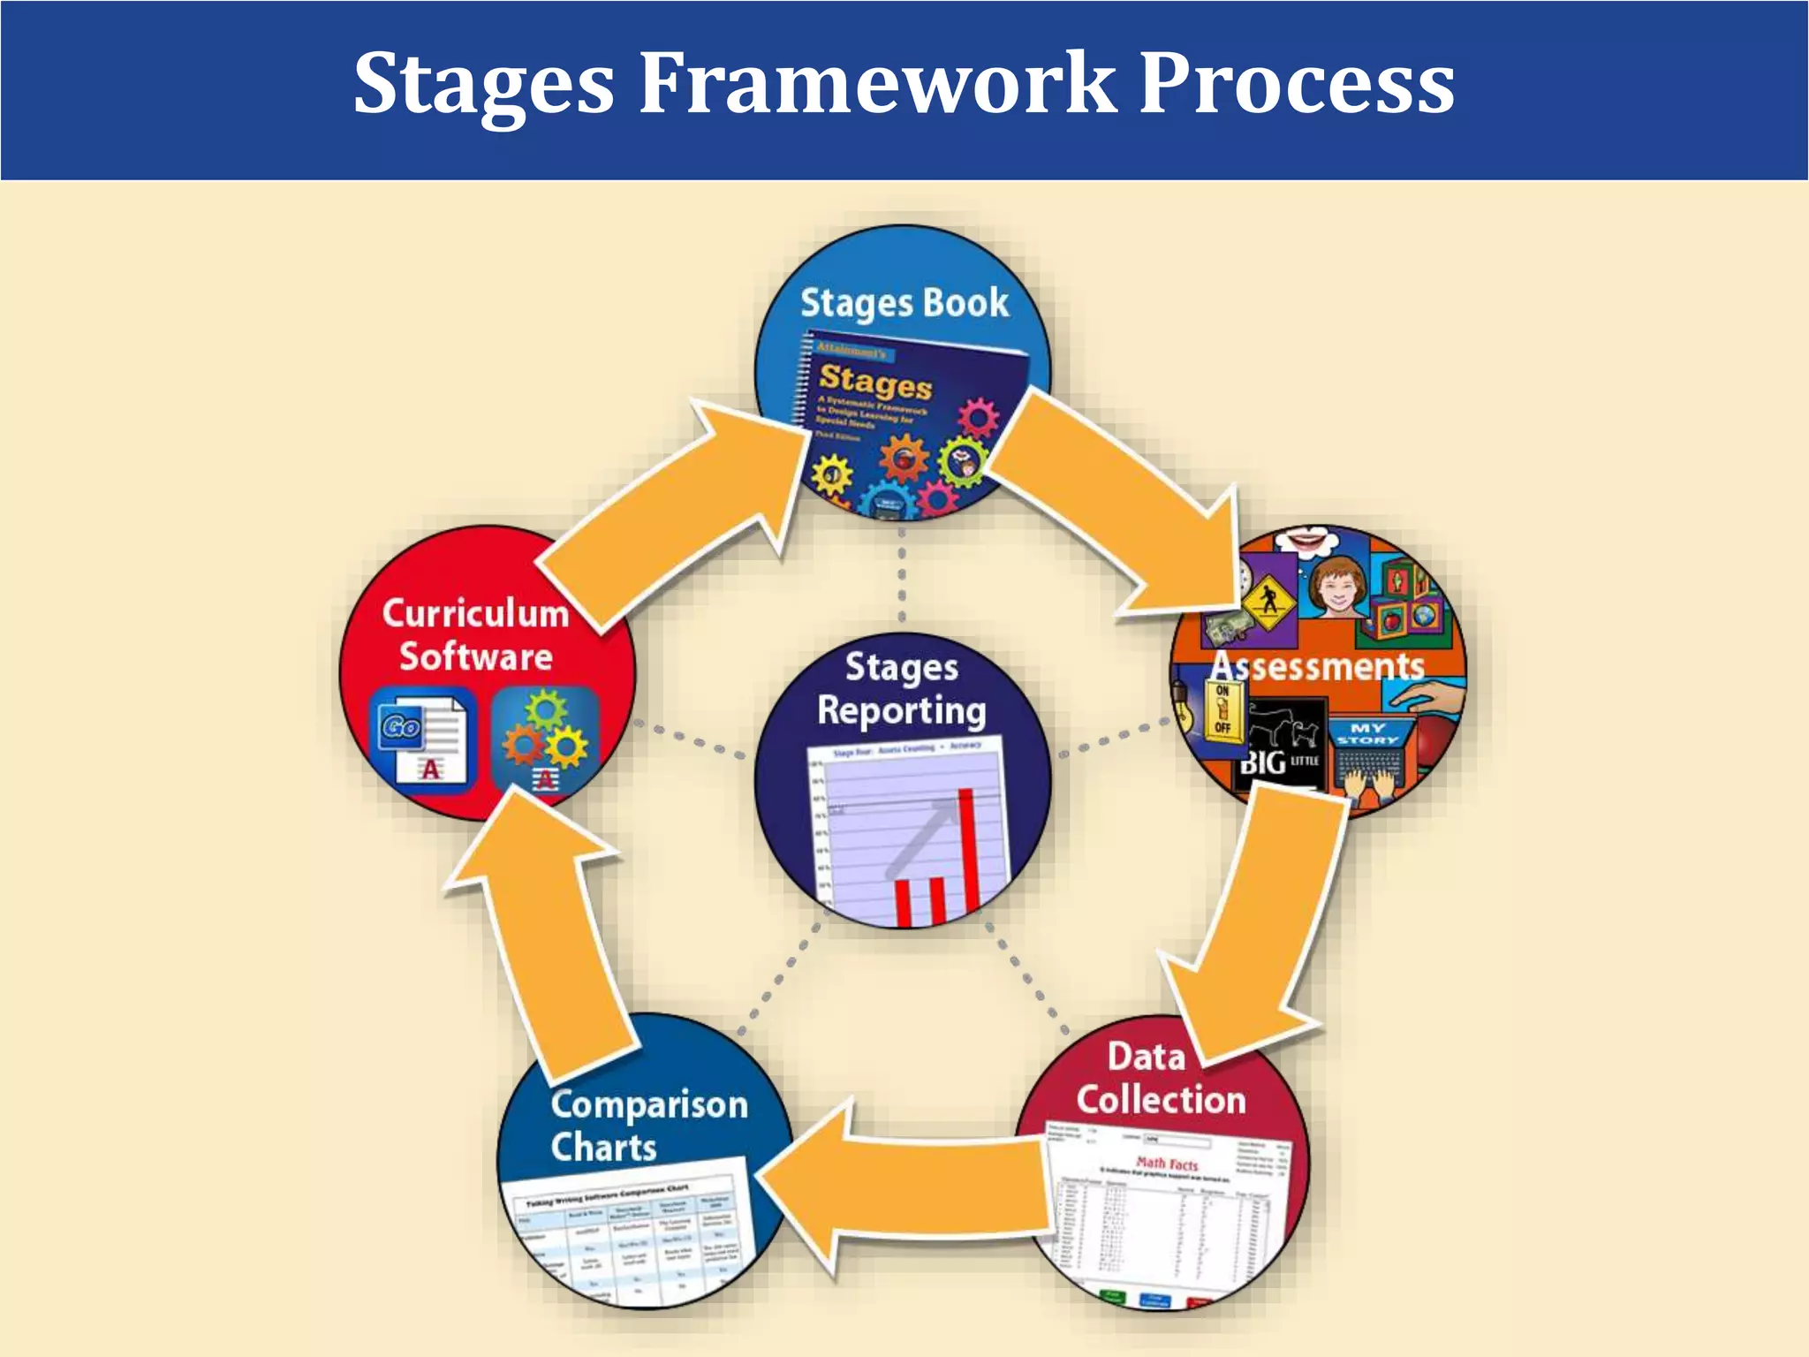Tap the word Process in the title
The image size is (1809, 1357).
tap(1297, 83)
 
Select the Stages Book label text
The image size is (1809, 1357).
tap(904, 303)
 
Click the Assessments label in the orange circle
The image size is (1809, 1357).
tap(1317, 666)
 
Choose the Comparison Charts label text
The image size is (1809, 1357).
tap(648, 1126)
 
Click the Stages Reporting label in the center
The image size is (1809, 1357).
tap(901, 689)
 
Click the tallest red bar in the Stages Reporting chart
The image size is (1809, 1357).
tap(969, 848)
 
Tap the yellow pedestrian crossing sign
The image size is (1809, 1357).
tap(1268, 603)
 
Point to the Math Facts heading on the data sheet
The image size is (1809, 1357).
tap(1167, 1164)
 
